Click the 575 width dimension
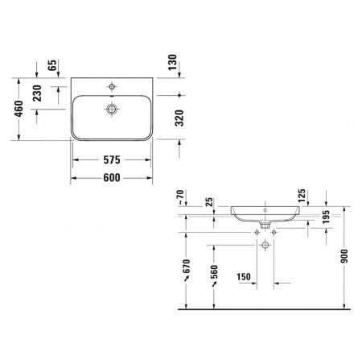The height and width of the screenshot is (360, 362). [x=113, y=161]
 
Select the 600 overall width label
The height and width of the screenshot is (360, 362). [x=113, y=178]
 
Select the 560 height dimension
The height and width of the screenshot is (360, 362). [x=215, y=274]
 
